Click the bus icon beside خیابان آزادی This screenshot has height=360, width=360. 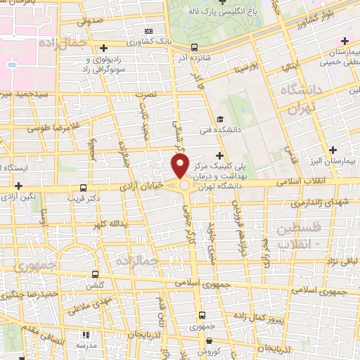[x=84, y=188]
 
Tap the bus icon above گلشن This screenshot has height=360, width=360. [x=96, y=274]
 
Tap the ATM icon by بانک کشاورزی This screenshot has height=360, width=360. [x=148, y=31]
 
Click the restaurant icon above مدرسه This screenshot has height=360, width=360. [x=86, y=335]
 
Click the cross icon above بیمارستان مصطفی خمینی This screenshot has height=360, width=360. [x=343, y=40]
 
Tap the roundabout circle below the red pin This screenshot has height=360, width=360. [x=185, y=186]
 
